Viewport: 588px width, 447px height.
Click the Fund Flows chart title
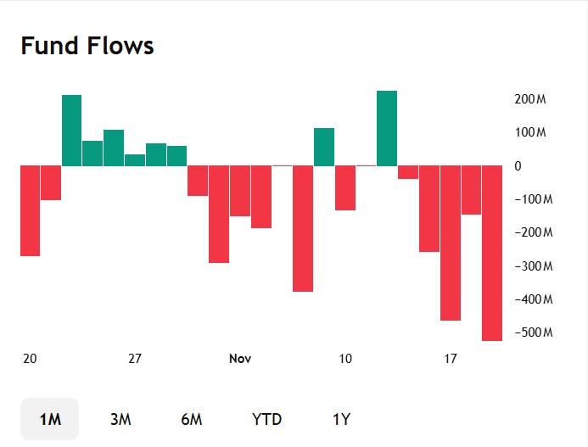click(87, 46)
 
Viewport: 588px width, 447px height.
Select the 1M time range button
click(50, 419)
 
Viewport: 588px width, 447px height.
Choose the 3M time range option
click(120, 419)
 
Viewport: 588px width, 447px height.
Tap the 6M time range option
click(192, 419)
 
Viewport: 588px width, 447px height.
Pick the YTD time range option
click(266, 419)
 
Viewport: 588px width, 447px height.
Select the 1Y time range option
click(341, 419)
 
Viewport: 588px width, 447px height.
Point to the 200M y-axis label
click(530, 99)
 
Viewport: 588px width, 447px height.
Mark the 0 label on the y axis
click(518, 166)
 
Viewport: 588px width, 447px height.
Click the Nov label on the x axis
click(240, 359)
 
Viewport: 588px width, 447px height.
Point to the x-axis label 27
click(135, 359)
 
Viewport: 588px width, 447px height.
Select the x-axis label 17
click(451, 359)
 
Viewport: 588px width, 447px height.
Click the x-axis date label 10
click(345, 359)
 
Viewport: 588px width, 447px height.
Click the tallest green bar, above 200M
click(387, 128)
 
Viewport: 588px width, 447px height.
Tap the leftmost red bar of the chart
click(31, 210)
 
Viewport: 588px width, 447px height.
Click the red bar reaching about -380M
click(303, 228)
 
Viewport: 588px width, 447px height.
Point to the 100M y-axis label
click(530, 133)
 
